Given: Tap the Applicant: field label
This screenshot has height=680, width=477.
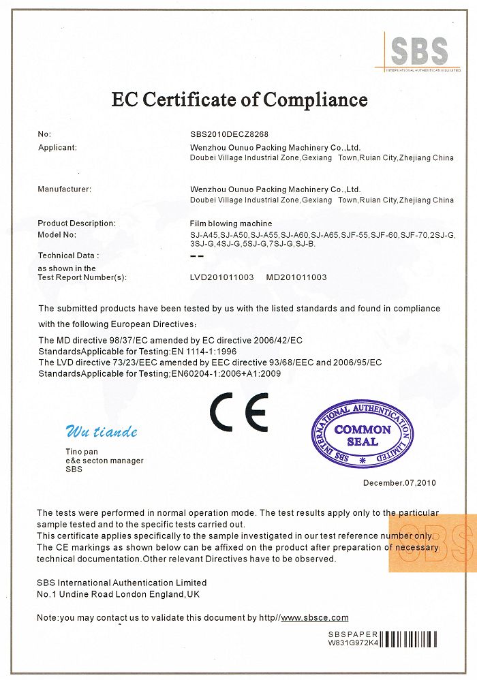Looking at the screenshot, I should pyautogui.click(x=57, y=147).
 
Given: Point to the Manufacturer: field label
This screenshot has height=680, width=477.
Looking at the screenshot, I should pyautogui.click(x=64, y=189).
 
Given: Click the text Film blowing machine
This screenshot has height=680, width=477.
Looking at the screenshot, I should pyautogui.click(x=230, y=223).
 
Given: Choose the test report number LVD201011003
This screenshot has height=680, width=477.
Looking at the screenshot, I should pyautogui.click(x=222, y=277).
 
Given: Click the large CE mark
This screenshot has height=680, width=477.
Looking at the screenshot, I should pyautogui.click(x=238, y=412).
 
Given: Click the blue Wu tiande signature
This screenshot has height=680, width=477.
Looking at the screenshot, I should pyautogui.click(x=101, y=431).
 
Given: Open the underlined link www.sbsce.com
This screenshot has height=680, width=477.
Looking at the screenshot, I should pyautogui.click(x=314, y=617).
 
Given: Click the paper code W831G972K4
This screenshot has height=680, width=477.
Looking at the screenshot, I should pyautogui.click(x=353, y=643).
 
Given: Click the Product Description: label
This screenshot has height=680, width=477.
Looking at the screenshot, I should pyautogui.click(x=76, y=223).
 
